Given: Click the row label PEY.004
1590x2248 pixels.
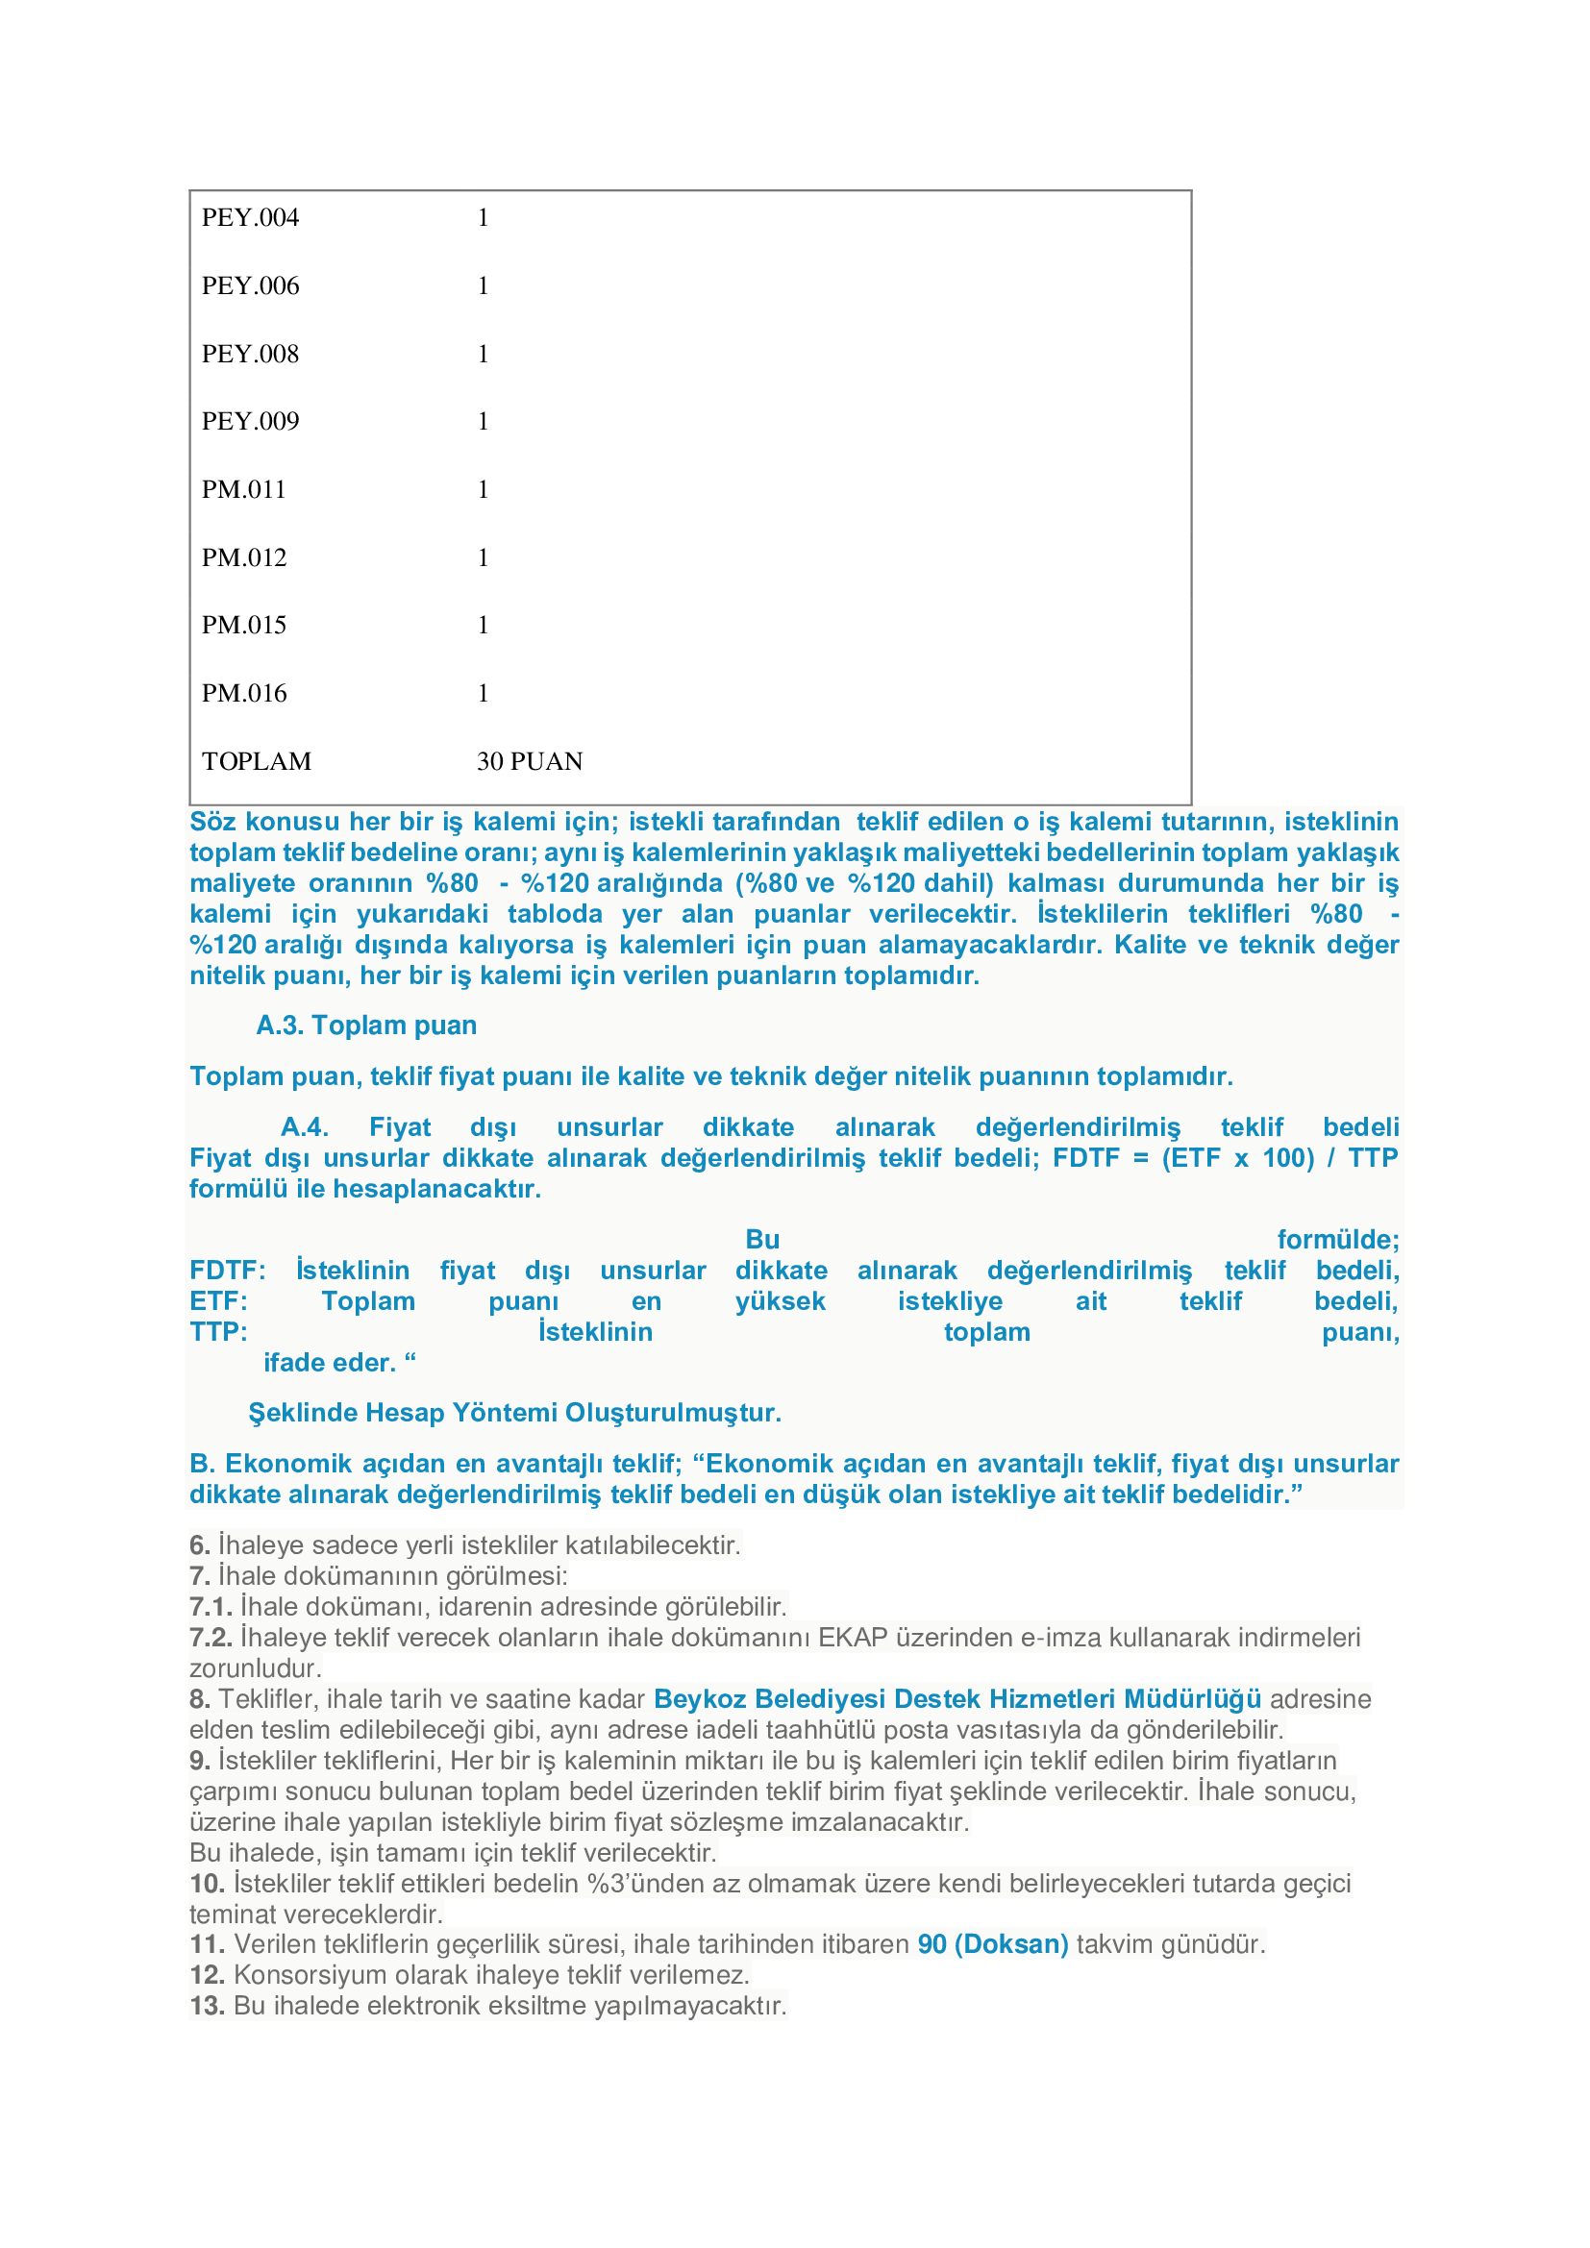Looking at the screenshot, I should pos(250,217).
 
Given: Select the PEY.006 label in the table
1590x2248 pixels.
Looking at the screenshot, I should pos(250,285).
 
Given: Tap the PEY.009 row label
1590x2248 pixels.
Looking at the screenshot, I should pos(250,421).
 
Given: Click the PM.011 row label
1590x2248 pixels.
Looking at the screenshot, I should pos(244,489).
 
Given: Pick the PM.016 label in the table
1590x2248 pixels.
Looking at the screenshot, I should pos(244,693).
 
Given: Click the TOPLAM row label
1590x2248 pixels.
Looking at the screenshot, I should pos(257,762).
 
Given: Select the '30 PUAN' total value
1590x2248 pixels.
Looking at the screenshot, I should pos(530,762).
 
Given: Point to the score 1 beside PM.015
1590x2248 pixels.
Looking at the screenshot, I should pos(483,625).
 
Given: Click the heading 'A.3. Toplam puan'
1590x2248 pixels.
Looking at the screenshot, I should pos(366,1025).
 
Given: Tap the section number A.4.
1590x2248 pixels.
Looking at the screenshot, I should pos(305,1127).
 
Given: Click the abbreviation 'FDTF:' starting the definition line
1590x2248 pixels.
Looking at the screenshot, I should pos(227,1270).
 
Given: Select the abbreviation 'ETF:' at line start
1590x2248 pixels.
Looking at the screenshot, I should pos(218,1301).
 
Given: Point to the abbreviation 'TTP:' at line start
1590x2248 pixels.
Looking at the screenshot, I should pos(218,1331).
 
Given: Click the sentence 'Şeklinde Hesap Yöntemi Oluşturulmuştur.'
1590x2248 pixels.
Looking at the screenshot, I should pos(514,1413).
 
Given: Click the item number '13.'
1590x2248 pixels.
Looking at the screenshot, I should pos(207,2005).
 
